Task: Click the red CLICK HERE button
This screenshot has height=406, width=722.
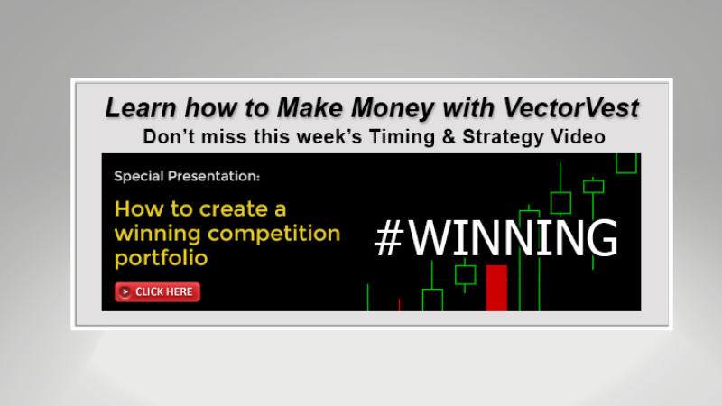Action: pos(157,292)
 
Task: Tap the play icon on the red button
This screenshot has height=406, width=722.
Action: pos(125,292)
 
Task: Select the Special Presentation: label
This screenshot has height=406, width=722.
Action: pos(187,176)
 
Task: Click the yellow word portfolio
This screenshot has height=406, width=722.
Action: pos(161,258)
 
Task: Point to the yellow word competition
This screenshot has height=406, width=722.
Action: pos(282,234)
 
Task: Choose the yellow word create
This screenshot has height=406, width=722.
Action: pos(245,209)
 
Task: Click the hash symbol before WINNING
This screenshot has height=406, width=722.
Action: pos(388,238)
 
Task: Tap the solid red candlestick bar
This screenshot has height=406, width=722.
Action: pos(496,288)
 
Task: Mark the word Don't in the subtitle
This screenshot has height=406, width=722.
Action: pos(169,137)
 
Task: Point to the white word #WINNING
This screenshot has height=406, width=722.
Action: pos(496,238)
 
